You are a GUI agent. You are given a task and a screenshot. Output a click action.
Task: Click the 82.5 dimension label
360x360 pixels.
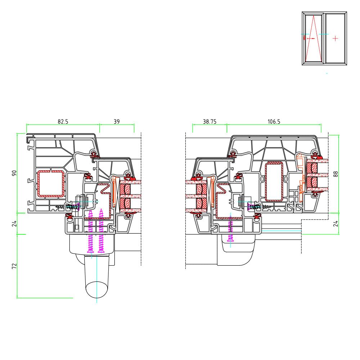[x=63, y=122]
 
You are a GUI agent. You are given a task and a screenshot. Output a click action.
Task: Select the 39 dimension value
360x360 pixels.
[x=117, y=122]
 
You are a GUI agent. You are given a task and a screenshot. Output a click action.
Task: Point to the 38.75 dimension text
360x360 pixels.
[x=210, y=122]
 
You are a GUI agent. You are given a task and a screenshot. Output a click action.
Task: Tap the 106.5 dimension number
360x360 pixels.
[x=274, y=122]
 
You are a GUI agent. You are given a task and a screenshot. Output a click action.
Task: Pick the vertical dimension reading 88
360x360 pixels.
[x=336, y=174]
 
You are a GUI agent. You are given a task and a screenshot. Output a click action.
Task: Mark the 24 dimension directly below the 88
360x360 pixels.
[x=336, y=223]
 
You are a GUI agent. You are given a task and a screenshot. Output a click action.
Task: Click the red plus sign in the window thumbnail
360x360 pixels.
[x=335, y=38]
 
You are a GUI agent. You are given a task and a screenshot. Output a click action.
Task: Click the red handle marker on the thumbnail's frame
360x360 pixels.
[x=305, y=37]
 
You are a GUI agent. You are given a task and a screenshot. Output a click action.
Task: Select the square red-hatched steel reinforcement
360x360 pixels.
[x=51, y=184]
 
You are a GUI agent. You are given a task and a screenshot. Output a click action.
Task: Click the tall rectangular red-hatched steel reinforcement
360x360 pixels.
[x=274, y=182]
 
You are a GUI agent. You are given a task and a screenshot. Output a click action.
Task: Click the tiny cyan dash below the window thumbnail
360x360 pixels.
[x=327, y=73]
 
